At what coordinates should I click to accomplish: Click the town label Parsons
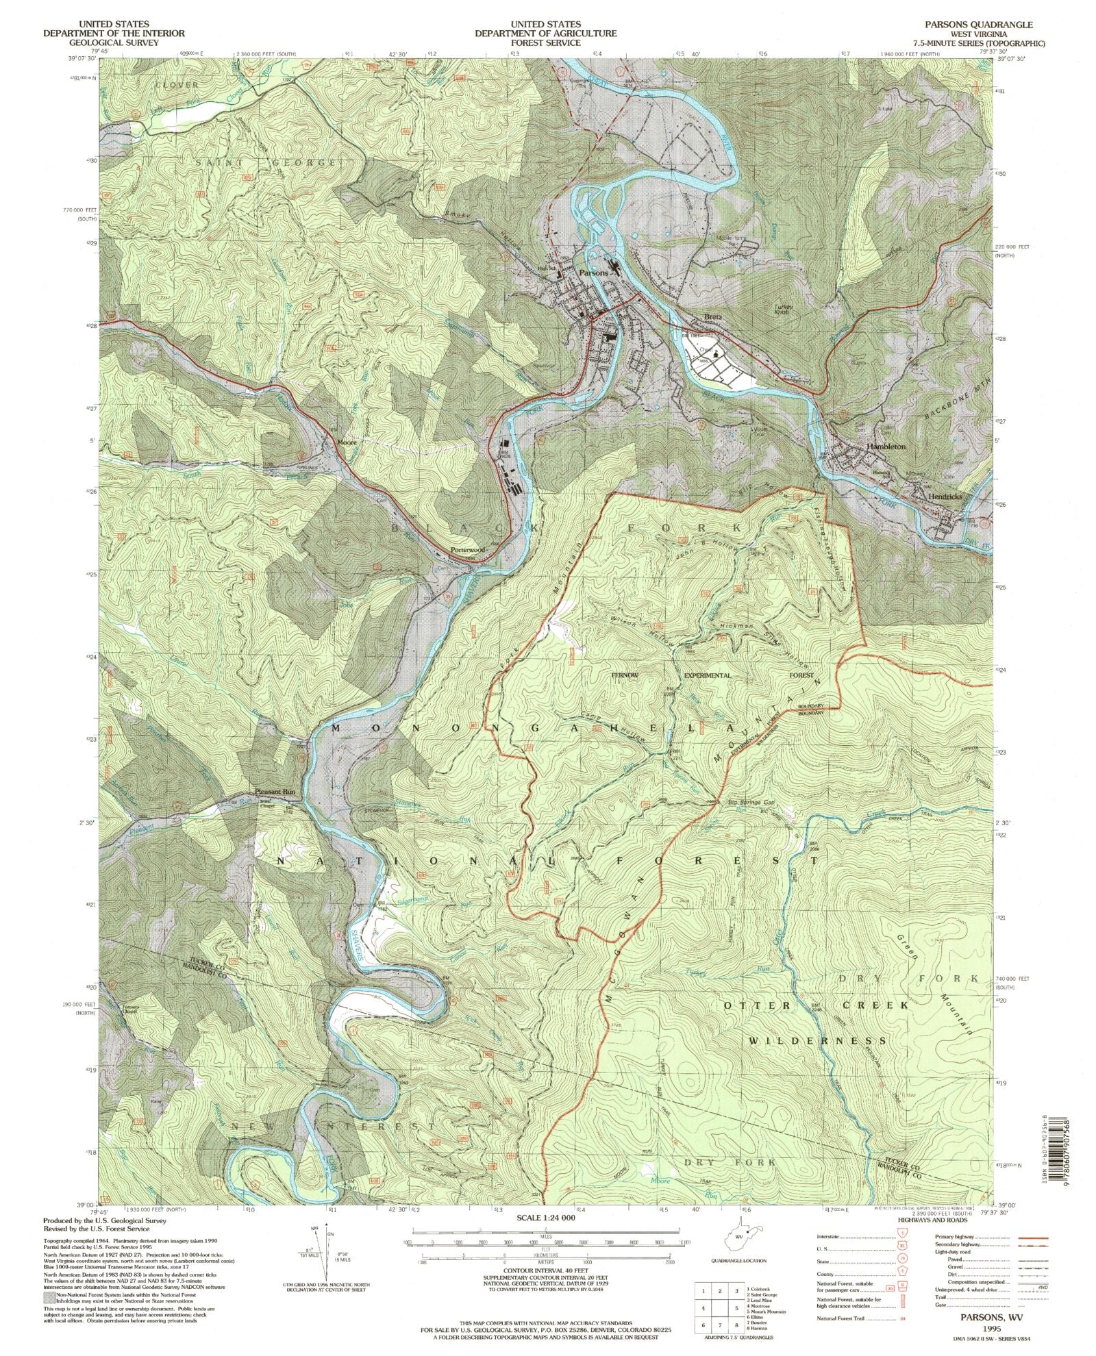[x=593, y=272]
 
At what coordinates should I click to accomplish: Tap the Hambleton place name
[x=886, y=446]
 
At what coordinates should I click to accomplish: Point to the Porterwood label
[x=468, y=550]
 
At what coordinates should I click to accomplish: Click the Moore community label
[x=347, y=442]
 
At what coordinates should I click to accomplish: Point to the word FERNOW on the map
[x=624, y=675]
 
